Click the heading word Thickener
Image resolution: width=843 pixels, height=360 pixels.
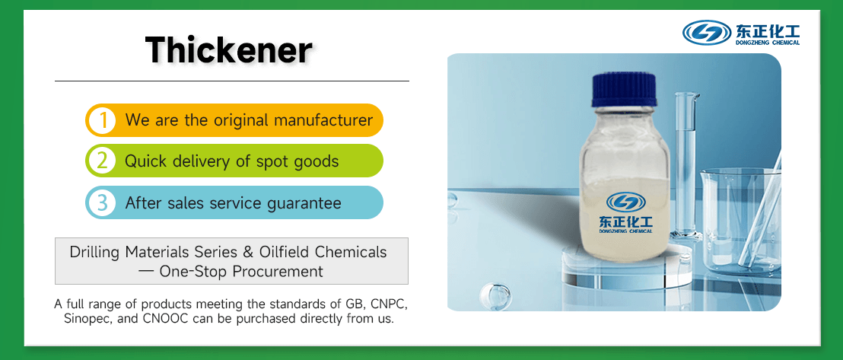(x=229, y=50)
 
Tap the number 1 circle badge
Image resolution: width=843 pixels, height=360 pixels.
(x=101, y=120)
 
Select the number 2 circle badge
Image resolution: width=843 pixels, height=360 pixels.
(x=101, y=161)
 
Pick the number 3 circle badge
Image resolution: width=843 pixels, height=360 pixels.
(x=101, y=203)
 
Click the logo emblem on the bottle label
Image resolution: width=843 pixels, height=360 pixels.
(x=625, y=202)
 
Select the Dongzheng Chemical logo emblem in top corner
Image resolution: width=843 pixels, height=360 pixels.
(x=707, y=32)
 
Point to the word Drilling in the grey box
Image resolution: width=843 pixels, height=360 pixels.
(x=94, y=252)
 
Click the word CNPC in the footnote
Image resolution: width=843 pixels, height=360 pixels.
(x=387, y=304)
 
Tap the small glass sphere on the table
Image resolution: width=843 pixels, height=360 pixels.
(x=498, y=295)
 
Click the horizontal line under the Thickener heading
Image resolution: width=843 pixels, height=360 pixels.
(x=232, y=81)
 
